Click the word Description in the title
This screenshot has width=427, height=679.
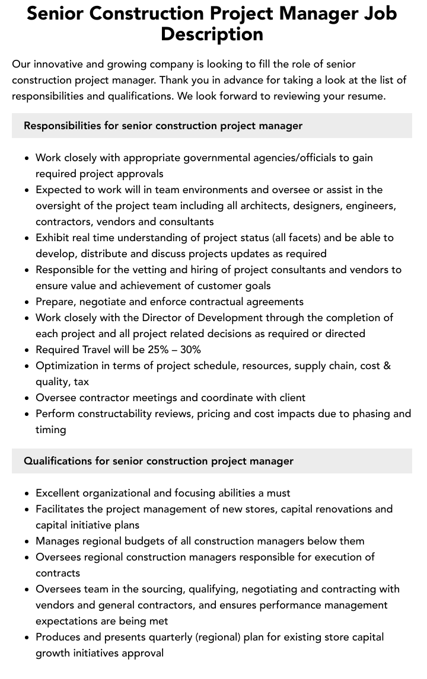click(x=212, y=34)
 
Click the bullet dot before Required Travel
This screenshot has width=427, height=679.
click(x=27, y=350)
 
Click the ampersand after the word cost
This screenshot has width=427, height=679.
click(x=387, y=366)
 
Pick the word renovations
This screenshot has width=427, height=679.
click(x=337, y=509)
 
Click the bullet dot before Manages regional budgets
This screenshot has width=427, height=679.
click(x=27, y=542)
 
